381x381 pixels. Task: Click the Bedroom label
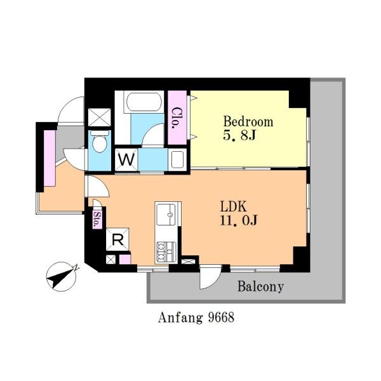(x=248, y=121)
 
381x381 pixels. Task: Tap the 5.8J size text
(x=239, y=135)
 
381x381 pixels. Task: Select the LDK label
(x=234, y=206)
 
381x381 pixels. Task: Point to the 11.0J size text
(x=239, y=220)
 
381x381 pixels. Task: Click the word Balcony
(x=260, y=286)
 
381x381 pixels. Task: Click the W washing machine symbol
(x=126, y=160)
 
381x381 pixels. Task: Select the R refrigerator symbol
(x=117, y=239)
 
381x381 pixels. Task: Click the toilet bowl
(x=100, y=142)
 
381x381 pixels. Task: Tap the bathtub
(x=143, y=102)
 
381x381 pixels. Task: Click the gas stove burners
(x=166, y=252)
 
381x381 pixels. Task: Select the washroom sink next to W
(x=177, y=160)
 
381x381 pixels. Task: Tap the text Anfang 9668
(x=196, y=317)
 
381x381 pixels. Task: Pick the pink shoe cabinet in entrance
(x=50, y=158)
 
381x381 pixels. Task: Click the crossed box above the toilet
(x=99, y=117)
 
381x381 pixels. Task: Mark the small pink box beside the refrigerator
(x=125, y=259)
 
